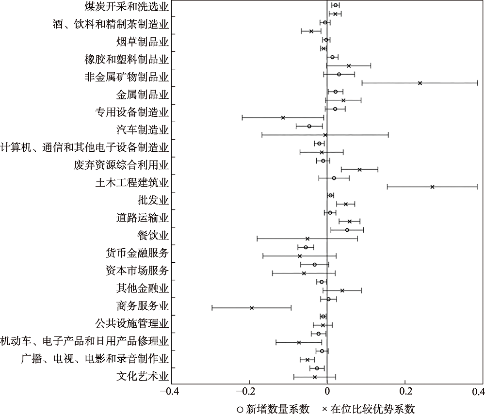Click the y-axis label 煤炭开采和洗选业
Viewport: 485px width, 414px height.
click(x=126, y=7)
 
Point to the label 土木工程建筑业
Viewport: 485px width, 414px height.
click(x=132, y=183)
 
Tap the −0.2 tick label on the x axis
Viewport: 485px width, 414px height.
click(x=248, y=391)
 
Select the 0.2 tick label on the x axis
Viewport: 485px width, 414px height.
click(x=405, y=391)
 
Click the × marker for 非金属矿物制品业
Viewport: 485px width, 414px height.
click(x=420, y=83)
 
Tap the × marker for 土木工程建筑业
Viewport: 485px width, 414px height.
click(x=432, y=187)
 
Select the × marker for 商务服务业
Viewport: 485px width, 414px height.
click(x=252, y=308)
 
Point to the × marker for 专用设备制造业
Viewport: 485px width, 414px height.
click(x=283, y=118)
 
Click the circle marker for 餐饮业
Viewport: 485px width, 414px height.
click(x=347, y=230)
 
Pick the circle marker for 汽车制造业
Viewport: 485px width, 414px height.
click(x=309, y=126)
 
